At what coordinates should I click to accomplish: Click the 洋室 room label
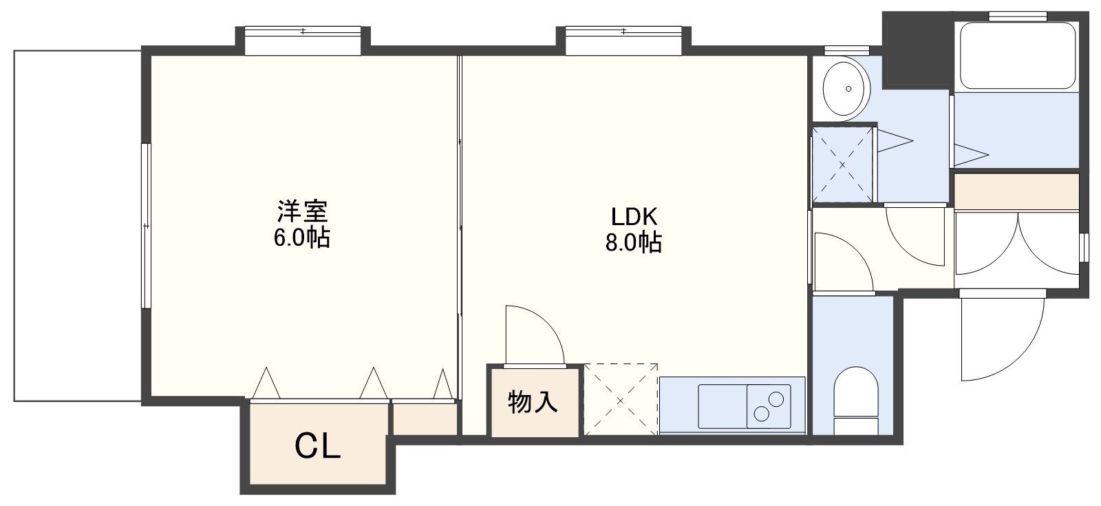coord(302,211)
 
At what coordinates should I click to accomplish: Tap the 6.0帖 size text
coord(302,238)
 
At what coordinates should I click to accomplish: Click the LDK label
coord(634,216)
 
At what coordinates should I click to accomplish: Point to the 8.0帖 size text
coord(634,242)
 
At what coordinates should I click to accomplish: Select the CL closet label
coord(317,447)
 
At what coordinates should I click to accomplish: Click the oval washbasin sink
coord(846,89)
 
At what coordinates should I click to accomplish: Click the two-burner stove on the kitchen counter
coord(769,406)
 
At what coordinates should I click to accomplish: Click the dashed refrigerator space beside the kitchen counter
coord(620,400)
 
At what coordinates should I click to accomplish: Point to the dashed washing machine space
coord(843,165)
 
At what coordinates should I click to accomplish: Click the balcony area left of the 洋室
coord(78,226)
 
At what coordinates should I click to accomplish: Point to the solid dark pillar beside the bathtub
coord(917,49)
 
